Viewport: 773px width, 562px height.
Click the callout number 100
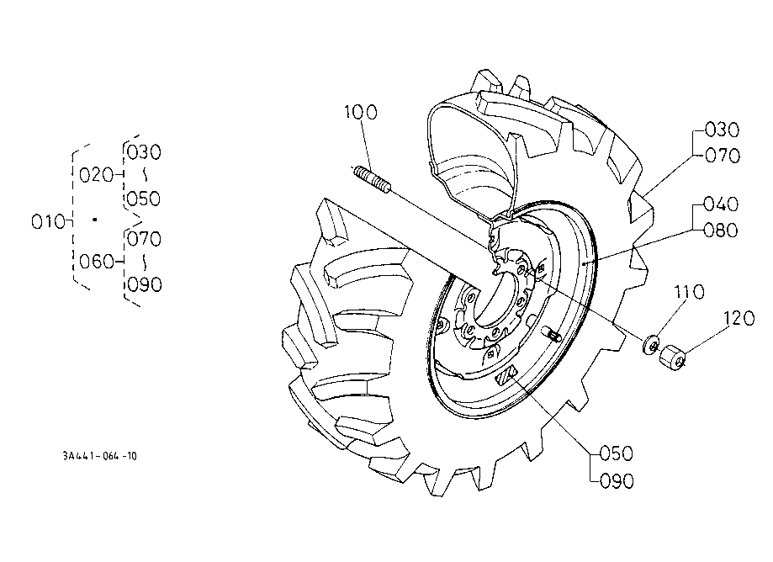(360, 113)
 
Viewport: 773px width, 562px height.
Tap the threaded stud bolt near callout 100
(373, 179)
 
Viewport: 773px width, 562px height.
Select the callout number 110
(689, 292)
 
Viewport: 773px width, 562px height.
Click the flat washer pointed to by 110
(652, 344)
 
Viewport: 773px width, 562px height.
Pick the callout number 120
(739, 319)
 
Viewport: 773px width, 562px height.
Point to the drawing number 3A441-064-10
(99, 456)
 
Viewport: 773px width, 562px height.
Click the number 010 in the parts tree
(48, 222)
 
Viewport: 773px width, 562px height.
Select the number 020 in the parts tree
(96, 175)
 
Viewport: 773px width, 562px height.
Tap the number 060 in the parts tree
(97, 262)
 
